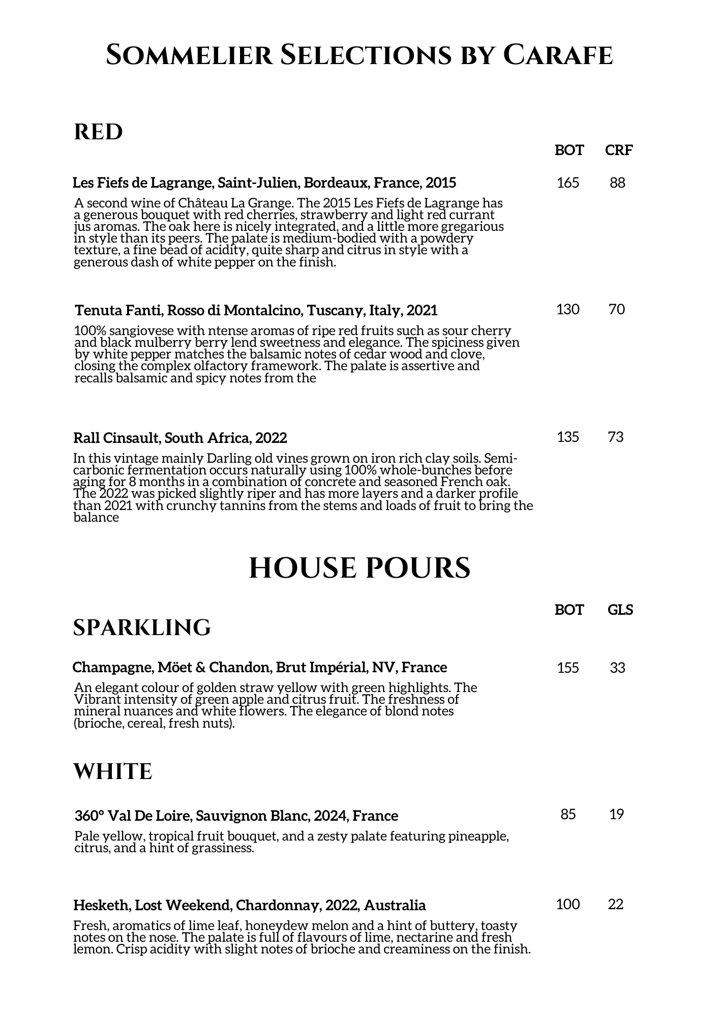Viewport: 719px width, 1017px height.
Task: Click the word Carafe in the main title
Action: [558, 55]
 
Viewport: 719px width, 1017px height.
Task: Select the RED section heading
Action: [99, 132]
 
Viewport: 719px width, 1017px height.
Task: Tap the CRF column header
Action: [619, 150]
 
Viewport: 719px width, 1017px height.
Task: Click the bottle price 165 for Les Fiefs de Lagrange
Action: [568, 183]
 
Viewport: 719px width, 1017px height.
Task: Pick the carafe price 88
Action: [617, 183]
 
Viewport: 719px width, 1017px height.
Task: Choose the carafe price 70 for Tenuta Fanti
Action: [617, 309]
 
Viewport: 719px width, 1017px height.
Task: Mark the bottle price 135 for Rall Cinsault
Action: [568, 437]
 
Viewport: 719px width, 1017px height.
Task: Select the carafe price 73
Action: [616, 437]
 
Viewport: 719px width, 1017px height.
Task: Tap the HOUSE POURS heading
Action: [359, 568]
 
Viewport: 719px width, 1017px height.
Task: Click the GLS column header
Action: [620, 610]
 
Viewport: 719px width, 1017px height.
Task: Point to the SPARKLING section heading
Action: [142, 628]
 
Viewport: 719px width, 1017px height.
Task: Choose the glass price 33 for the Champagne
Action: [617, 668]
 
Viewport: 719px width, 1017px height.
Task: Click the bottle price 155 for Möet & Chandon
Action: [568, 668]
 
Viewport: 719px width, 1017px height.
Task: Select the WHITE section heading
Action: [113, 772]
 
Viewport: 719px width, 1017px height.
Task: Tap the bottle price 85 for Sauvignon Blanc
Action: [568, 815]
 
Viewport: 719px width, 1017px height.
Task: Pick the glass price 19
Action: [617, 815]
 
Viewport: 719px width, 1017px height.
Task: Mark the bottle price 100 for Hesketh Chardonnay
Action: [568, 905]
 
